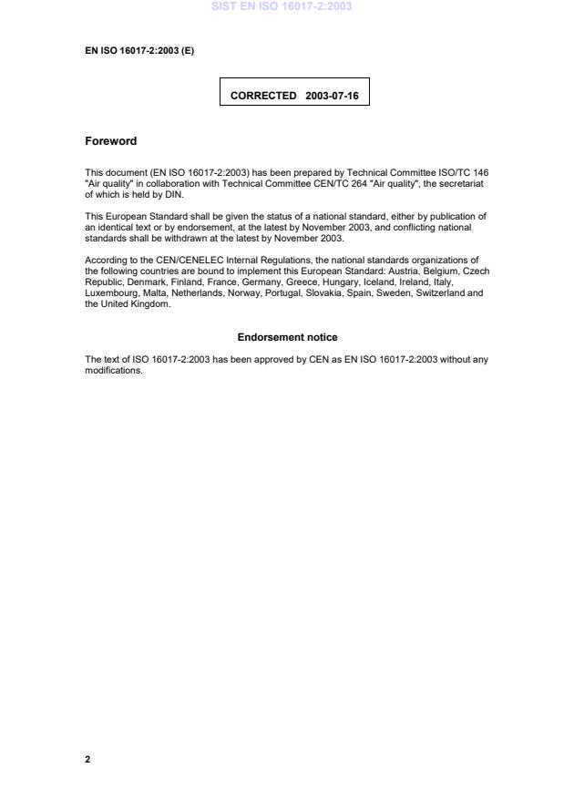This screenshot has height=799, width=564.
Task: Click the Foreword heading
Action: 110,141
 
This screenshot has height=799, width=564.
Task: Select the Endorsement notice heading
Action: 287,337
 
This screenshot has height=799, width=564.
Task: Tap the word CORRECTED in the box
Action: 263,95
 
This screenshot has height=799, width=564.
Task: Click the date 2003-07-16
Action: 333,95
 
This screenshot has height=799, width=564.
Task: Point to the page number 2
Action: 87,759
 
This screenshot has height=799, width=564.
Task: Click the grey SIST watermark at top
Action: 282,6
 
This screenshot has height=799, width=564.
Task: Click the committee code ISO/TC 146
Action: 470,172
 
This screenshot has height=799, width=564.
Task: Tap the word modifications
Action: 114,370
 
